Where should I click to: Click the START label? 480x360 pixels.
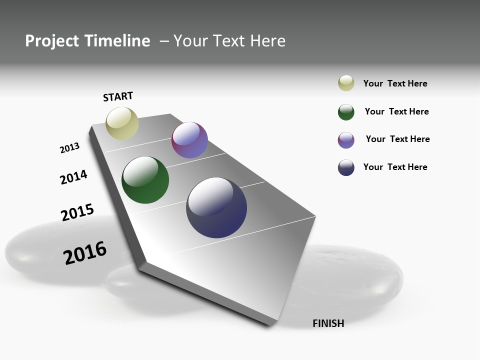tap(118, 96)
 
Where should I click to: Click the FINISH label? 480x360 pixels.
tap(328, 323)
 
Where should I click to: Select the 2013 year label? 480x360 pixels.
tap(69, 148)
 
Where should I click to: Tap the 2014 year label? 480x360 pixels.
tap(73, 177)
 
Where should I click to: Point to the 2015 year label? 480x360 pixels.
tap(77, 212)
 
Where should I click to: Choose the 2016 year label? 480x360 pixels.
tap(85, 253)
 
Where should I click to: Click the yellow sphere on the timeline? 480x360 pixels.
tap(122, 123)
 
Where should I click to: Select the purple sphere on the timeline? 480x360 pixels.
tap(189, 140)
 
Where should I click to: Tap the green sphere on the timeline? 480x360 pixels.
tap(145, 180)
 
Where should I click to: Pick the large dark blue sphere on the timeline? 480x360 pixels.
tap(216, 207)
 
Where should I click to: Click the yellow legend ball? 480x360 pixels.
tap(346, 83)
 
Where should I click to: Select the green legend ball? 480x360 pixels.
tap(346, 112)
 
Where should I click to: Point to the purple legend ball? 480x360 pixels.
tap(346, 140)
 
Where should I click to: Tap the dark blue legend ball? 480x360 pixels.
tap(346, 167)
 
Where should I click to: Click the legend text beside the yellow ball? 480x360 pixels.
tap(395, 83)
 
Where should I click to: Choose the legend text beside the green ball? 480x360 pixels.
tap(396, 111)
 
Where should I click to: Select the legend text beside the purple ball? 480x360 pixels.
tap(397, 139)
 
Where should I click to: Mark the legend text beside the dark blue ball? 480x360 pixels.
tap(395, 167)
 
